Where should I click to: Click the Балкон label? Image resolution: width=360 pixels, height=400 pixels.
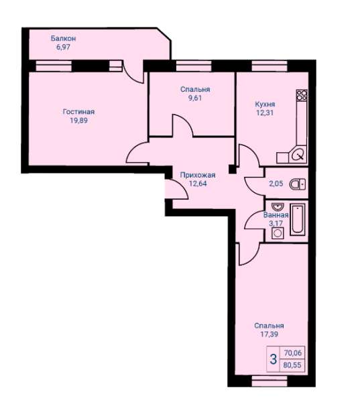(63, 38)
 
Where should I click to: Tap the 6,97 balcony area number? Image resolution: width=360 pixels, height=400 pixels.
(63, 47)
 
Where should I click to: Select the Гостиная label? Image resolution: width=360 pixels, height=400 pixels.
(78, 112)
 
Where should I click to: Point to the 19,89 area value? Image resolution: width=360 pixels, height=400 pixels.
(78, 121)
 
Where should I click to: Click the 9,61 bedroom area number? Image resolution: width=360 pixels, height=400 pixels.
(195, 98)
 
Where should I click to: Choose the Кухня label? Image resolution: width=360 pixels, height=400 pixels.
(265, 105)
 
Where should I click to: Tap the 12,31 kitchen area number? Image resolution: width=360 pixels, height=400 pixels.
(265, 113)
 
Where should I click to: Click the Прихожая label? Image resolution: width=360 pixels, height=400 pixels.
(198, 175)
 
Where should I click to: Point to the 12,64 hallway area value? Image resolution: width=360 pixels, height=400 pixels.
(198, 184)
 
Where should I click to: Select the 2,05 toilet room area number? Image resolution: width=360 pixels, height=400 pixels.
(276, 184)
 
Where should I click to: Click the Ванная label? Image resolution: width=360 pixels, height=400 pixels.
(276, 215)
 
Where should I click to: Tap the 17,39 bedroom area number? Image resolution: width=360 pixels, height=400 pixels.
(269, 334)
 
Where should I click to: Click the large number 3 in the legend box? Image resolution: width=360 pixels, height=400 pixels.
(274, 359)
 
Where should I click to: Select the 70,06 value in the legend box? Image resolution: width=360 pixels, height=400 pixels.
(292, 353)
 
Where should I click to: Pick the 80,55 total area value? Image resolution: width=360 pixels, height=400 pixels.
(292, 365)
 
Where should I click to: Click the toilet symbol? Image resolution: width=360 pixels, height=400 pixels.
(298, 184)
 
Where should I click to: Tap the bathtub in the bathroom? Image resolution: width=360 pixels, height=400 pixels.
(298, 219)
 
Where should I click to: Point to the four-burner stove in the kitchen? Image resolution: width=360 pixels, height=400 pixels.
(302, 95)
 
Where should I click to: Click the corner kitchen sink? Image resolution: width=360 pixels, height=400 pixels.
(298, 154)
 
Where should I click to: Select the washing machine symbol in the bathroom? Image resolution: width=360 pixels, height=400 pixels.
(278, 233)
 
